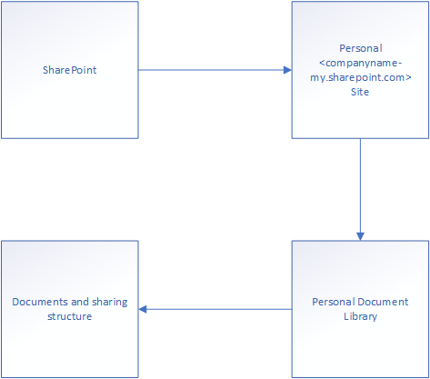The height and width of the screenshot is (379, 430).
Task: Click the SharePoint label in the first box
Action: [70, 70]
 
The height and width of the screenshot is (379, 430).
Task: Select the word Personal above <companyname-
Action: [361, 48]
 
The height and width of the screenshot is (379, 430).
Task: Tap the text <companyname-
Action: [361, 63]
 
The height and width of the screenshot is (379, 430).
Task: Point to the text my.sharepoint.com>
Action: [361, 78]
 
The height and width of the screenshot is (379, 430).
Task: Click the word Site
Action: [360, 92]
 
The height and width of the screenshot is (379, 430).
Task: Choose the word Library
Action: [361, 316]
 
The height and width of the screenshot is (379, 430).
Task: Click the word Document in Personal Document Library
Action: [383, 302]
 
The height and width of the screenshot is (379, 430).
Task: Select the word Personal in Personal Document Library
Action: [334, 302]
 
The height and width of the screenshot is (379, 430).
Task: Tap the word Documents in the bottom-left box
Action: [40, 302]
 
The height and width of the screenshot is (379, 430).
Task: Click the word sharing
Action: [110, 303]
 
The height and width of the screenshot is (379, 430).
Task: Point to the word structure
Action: [70, 316]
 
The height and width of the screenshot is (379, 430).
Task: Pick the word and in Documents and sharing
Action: [80, 302]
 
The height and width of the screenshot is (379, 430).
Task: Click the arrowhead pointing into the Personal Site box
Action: [287, 70]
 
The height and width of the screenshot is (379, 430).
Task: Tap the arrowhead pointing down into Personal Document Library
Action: [360, 236]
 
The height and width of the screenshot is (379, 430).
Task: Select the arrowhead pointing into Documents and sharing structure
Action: [143, 309]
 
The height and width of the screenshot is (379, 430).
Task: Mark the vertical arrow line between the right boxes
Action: [360, 190]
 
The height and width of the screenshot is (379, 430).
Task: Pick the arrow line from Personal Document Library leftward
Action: [215, 309]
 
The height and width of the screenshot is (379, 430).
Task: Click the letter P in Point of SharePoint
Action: [75, 70]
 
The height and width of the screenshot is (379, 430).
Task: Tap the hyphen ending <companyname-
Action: [400, 64]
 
